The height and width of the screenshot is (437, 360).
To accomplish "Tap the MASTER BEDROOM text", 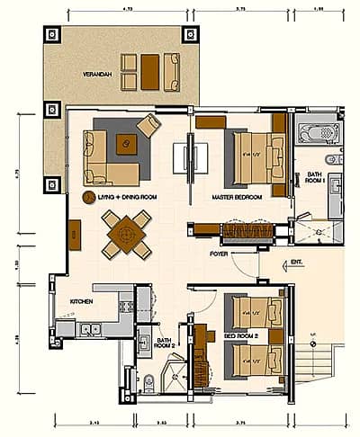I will pos(236,196).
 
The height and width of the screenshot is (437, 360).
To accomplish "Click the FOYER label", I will pos(219,254).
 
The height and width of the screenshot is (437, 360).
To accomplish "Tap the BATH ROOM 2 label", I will pos(165,343).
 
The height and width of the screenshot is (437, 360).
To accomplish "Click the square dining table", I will pos(127,233).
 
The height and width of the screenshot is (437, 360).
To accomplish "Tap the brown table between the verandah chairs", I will pos(149,69).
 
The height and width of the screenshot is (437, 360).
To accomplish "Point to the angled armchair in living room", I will pos(148,126).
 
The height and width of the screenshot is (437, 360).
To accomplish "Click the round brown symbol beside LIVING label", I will pos(88,196).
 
